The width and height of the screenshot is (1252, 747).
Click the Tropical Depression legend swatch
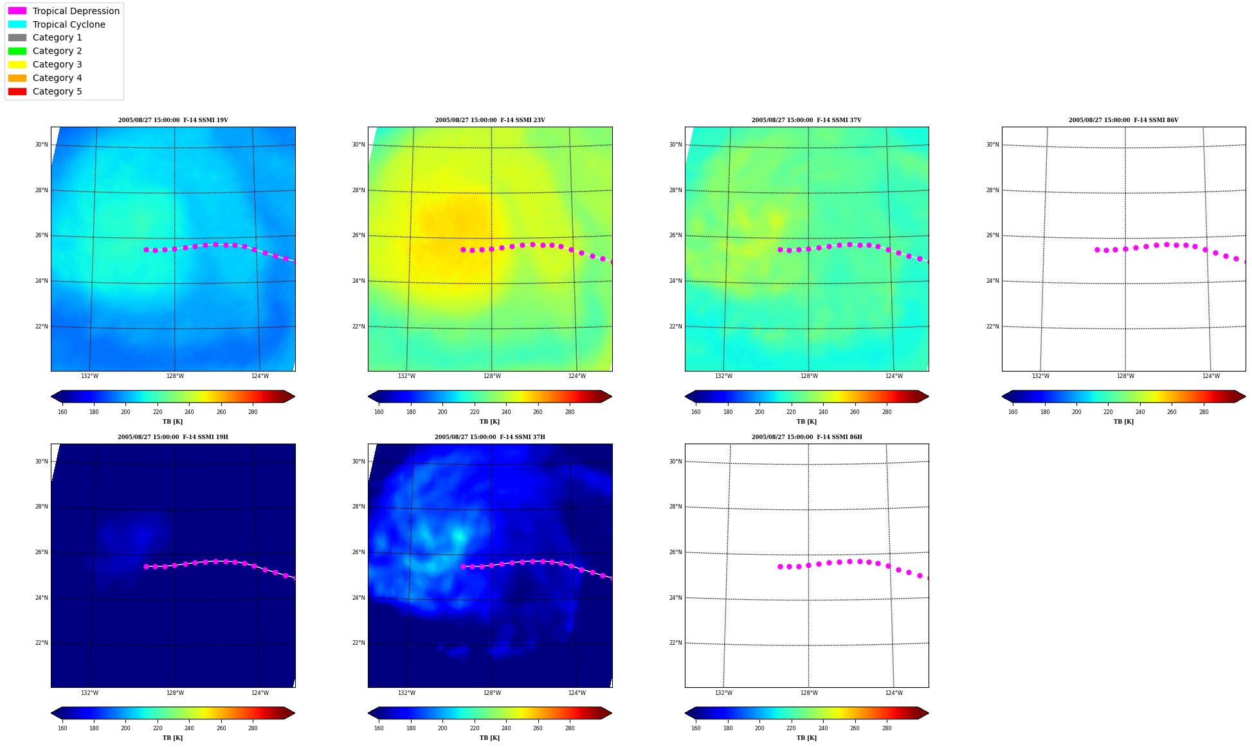17,11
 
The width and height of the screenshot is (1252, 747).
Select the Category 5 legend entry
57,91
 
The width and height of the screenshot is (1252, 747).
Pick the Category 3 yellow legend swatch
17,64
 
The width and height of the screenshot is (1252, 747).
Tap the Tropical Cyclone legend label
69,24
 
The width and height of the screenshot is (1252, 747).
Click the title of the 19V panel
173,120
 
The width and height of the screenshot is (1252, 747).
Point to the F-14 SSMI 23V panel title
490,120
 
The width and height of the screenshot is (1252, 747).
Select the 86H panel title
807,437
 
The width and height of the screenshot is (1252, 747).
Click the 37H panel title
490,437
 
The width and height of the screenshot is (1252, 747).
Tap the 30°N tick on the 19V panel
41,145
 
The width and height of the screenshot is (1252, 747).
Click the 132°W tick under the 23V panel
406,376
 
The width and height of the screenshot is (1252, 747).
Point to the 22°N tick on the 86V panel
992,327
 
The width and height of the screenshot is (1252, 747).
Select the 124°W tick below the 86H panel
894,693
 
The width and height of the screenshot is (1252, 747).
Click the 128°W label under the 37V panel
809,376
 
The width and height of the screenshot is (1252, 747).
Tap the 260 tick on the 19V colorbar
221,412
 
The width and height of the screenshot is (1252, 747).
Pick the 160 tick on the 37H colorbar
379,728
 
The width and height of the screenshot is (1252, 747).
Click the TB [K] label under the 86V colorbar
1123,422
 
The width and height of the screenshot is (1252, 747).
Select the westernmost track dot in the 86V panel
1097,249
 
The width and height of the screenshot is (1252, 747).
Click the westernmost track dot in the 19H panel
146,566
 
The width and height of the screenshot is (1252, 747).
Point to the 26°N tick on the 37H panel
358,552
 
